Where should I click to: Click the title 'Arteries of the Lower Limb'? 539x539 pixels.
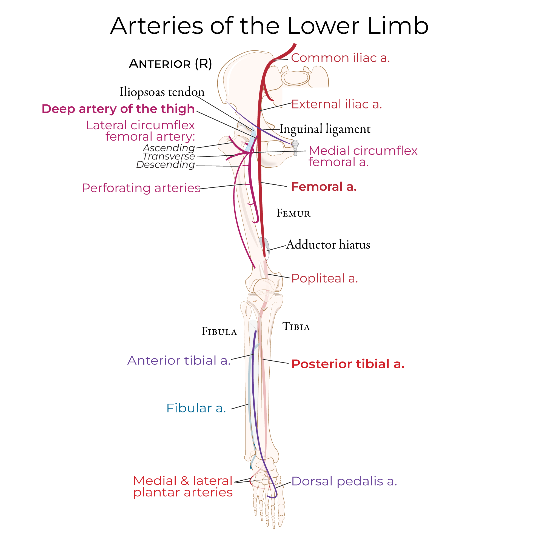[269, 26]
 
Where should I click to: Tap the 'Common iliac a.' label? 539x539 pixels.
[340, 58]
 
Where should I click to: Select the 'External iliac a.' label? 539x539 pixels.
[336, 104]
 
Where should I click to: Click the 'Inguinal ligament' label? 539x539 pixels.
[325, 129]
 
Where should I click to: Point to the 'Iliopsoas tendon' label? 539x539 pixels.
[162, 92]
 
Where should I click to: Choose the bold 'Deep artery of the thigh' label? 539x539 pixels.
[118, 109]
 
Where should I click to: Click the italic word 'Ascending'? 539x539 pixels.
[169, 148]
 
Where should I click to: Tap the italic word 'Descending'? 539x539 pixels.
[166, 165]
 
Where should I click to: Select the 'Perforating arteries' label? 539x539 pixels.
[141, 188]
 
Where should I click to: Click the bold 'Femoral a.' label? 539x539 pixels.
[324, 187]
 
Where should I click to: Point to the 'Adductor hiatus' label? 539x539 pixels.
[328, 245]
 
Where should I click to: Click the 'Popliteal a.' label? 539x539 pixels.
[324, 278]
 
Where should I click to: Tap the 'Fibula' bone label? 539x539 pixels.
[219, 332]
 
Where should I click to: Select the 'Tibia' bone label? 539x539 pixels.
[296, 326]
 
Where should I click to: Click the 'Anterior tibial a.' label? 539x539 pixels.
[179, 360]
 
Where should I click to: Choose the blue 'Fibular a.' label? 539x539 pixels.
[196, 408]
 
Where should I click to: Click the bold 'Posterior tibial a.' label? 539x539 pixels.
[348, 364]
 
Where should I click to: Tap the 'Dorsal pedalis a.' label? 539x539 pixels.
[344, 481]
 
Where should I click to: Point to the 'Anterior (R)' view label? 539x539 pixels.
[170, 64]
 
